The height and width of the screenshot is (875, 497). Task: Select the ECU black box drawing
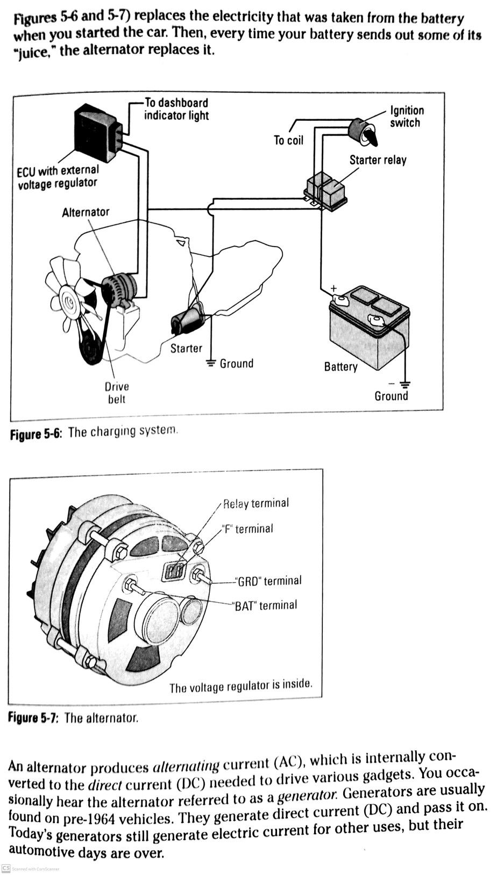(97, 129)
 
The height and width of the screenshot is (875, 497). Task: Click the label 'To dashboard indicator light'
(176, 109)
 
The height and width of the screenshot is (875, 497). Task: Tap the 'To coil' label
(288, 141)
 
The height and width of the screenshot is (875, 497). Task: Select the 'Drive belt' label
(117, 393)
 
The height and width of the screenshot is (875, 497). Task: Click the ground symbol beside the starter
(211, 363)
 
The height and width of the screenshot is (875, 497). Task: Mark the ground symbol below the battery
(405, 384)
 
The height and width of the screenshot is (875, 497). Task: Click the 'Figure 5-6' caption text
(94, 432)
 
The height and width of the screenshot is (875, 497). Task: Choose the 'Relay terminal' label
(255, 504)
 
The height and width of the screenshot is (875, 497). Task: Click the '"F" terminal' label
(247, 529)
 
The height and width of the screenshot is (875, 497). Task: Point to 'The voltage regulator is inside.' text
(240, 686)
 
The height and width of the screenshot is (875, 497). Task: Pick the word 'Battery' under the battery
(340, 367)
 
